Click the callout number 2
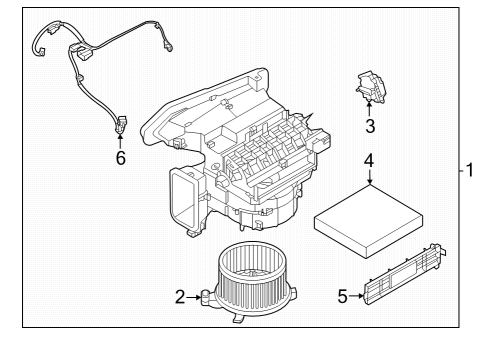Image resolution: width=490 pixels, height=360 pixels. (181, 296)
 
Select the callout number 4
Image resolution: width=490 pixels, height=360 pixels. (369, 160)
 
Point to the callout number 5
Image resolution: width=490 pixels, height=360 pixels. (343, 295)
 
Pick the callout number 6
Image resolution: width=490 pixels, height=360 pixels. (120, 158)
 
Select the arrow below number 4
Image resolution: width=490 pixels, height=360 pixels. (369, 179)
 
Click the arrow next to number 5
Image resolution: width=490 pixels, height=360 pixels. (358, 295)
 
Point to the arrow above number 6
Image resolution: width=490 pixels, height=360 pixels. (120, 140)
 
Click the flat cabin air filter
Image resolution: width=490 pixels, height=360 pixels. (368, 214)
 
